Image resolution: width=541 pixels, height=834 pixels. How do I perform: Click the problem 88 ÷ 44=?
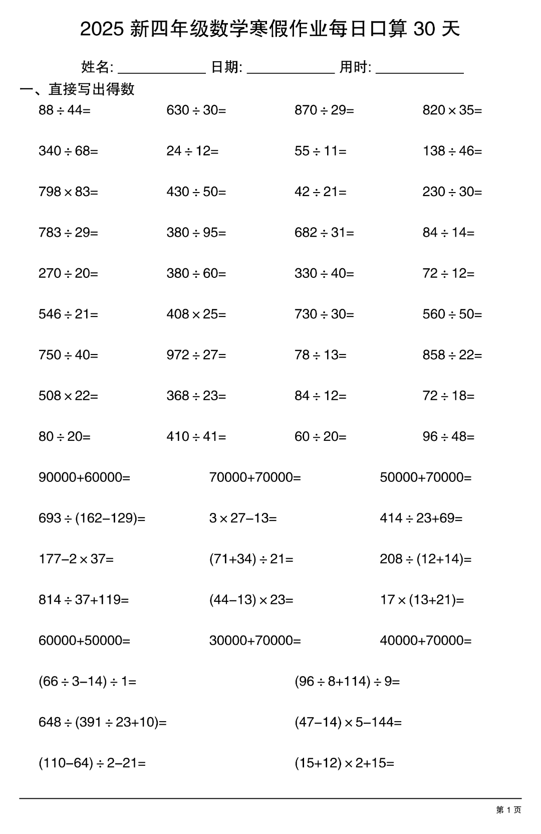tap(65, 110)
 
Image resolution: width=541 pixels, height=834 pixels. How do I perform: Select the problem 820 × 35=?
tap(452, 110)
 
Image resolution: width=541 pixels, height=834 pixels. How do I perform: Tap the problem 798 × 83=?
tap(68, 192)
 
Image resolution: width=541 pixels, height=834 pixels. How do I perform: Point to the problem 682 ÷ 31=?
tap(324, 233)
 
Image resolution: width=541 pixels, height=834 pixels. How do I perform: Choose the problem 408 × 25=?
tap(196, 314)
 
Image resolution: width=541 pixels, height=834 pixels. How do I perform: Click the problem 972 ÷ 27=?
tap(196, 355)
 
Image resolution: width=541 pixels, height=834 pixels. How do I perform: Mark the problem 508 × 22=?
tap(68, 396)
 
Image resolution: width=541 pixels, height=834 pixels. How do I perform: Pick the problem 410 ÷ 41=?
tap(196, 437)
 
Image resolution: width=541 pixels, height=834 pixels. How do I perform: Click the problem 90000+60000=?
tap(84, 477)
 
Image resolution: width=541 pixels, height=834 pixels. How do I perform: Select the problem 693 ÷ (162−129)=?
tap(92, 518)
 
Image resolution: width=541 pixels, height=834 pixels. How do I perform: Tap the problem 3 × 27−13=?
tap(243, 518)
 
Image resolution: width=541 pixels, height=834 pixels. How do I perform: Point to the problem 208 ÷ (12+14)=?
tap(426, 559)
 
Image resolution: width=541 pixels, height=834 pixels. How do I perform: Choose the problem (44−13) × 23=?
tap(251, 600)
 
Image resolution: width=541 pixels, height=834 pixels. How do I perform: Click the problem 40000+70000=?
tap(426, 640)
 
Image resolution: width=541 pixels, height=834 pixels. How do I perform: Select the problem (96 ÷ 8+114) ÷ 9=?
tap(347, 682)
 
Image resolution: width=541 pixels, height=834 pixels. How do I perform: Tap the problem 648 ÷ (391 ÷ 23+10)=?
tap(103, 722)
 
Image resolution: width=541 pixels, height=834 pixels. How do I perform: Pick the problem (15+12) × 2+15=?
tap(345, 763)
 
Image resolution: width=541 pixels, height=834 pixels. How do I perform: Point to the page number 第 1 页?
tap(508, 810)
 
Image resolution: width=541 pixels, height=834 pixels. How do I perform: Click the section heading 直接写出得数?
tap(92, 89)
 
